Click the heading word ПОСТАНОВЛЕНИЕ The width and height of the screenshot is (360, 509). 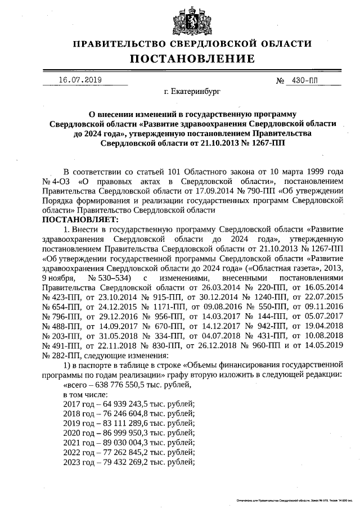(192, 58)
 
